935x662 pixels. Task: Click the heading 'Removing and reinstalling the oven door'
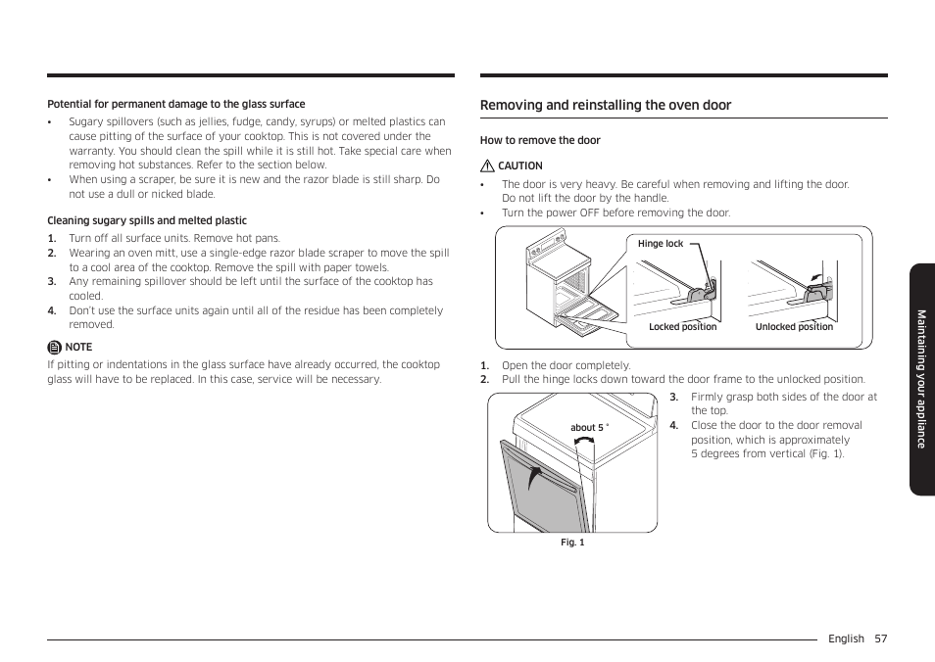point(605,106)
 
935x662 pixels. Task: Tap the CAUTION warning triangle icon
point(486,166)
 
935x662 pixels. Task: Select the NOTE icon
point(54,347)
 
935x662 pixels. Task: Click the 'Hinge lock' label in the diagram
point(660,244)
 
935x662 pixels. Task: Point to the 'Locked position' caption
point(682,327)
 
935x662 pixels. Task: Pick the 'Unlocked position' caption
point(794,327)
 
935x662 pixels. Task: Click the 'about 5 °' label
point(589,428)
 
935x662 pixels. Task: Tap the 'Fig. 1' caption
point(572,543)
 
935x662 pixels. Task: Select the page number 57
point(880,638)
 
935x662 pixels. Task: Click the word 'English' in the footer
point(846,638)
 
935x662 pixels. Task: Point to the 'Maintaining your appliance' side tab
point(921,379)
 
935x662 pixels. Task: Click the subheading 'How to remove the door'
point(540,141)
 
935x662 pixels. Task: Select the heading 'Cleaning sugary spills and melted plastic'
point(147,221)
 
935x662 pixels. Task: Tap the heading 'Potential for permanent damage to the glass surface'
point(176,104)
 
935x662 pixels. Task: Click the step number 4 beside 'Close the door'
point(673,426)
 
